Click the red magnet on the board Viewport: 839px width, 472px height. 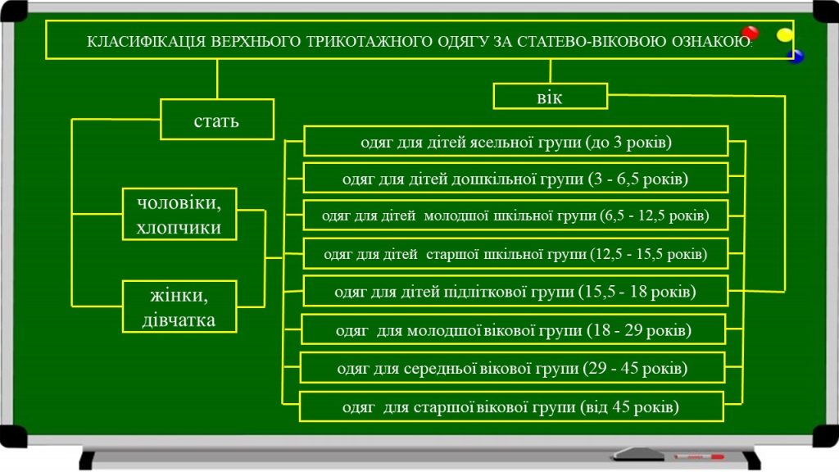pyautogui.click(x=750, y=34)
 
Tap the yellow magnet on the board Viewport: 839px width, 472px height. pyautogui.click(x=785, y=34)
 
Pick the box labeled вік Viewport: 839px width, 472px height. pyautogui.click(x=550, y=96)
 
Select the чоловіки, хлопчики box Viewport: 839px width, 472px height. pyautogui.click(x=179, y=215)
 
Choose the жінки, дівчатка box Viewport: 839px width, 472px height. pyautogui.click(x=179, y=306)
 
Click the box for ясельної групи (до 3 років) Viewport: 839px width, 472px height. pyautogui.click(x=515, y=141)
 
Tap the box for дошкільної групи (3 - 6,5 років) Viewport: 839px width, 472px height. pyautogui.click(x=515, y=178)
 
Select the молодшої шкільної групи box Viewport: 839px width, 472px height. pyautogui.click(x=515, y=216)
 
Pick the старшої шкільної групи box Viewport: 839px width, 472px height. pyautogui.click(x=515, y=254)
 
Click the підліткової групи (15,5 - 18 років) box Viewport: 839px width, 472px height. pyautogui.click(x=515, y=291)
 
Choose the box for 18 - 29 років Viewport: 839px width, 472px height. pyautogui.click(x=514, y=329)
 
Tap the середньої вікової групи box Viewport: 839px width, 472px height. pyautogui.click(x=512, y=368)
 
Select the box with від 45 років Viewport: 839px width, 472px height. pyautogui.click(x=510, y=406)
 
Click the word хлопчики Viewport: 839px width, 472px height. pyautogui.click(x=179, y=227)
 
